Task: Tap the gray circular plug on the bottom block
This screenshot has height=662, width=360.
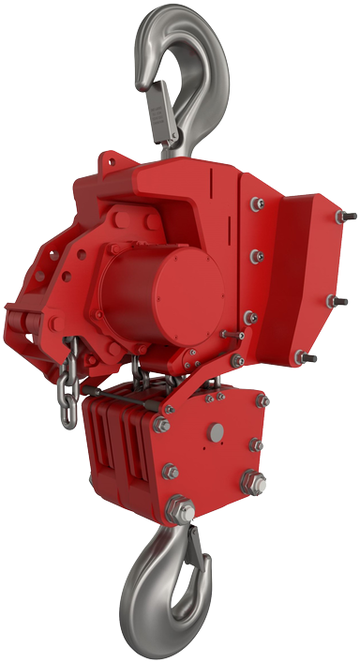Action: pos(218,432)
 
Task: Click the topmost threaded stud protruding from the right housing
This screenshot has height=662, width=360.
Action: pos(348,219)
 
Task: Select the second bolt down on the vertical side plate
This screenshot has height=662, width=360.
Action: pos(254,252)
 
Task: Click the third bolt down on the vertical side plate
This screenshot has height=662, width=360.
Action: pos(249,316)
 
